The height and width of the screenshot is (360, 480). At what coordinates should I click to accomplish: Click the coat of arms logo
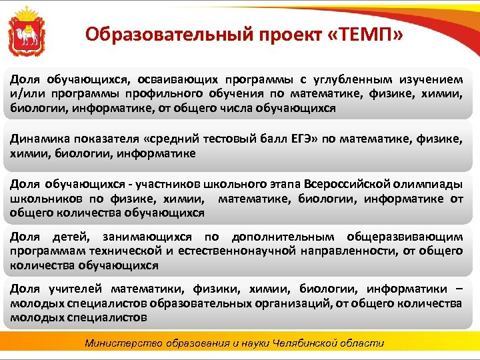(27, 31)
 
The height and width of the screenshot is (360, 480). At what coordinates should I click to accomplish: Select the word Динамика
(38, 139)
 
